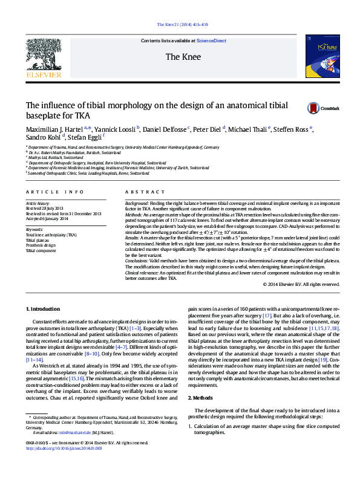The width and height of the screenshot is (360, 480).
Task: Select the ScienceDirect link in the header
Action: [x=211, y=41]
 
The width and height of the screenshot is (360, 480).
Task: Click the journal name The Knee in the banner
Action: [x=180, y=57]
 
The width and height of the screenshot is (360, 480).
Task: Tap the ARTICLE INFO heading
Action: [x=55, y=192]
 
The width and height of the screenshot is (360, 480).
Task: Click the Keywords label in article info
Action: [x=34, y=230]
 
